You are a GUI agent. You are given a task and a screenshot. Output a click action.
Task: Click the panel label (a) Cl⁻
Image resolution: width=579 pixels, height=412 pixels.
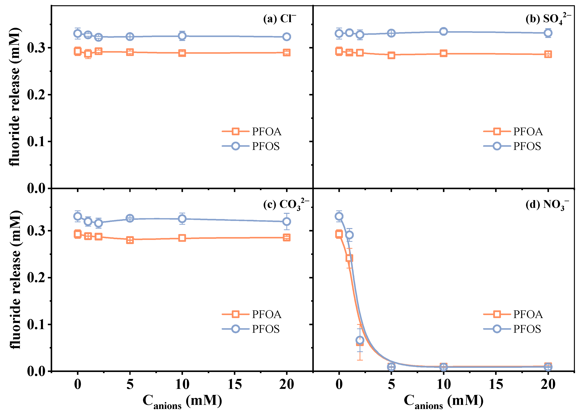pos(279,19)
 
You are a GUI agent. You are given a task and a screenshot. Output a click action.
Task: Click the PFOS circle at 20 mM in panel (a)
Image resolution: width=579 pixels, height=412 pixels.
pos(287,37)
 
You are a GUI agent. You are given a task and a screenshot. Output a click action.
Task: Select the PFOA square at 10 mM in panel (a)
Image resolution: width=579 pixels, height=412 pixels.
pos(182,53)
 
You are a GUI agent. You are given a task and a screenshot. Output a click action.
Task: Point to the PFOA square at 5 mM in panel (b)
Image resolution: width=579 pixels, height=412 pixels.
pos(391,55)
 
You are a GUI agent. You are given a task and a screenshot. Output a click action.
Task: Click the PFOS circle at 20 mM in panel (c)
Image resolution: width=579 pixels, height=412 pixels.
pos(287,221)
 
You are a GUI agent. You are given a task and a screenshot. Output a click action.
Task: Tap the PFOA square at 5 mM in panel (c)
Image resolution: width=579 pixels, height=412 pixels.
pos(130,240)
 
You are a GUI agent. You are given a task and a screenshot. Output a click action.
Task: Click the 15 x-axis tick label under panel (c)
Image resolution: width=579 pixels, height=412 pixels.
pos(234,384)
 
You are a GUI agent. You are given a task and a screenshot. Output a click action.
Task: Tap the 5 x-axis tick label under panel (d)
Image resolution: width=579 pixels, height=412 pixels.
pos(391,384)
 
